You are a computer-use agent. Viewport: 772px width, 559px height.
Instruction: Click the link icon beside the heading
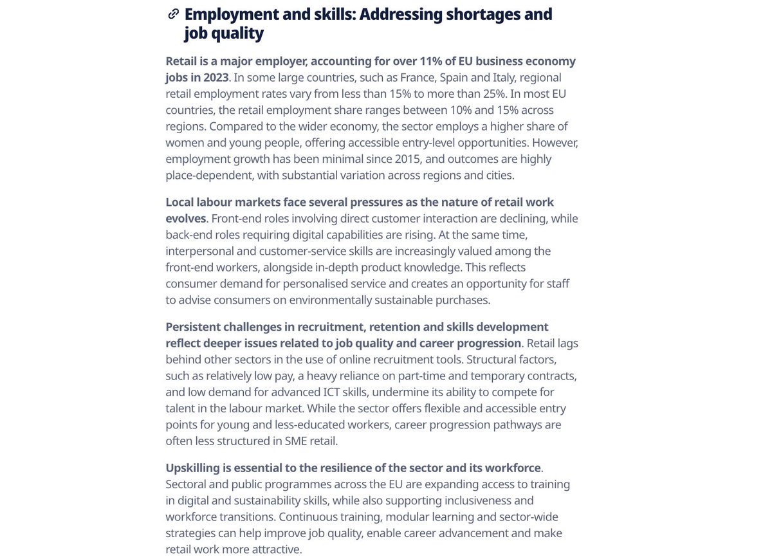pos(173,14)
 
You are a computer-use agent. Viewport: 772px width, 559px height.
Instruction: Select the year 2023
pos(213,77)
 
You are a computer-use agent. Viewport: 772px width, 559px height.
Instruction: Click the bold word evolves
pos(186,218)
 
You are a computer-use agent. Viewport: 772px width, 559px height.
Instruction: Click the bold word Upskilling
pos(196,468)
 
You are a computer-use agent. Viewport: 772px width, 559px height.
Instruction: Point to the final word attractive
pos(273,549)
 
